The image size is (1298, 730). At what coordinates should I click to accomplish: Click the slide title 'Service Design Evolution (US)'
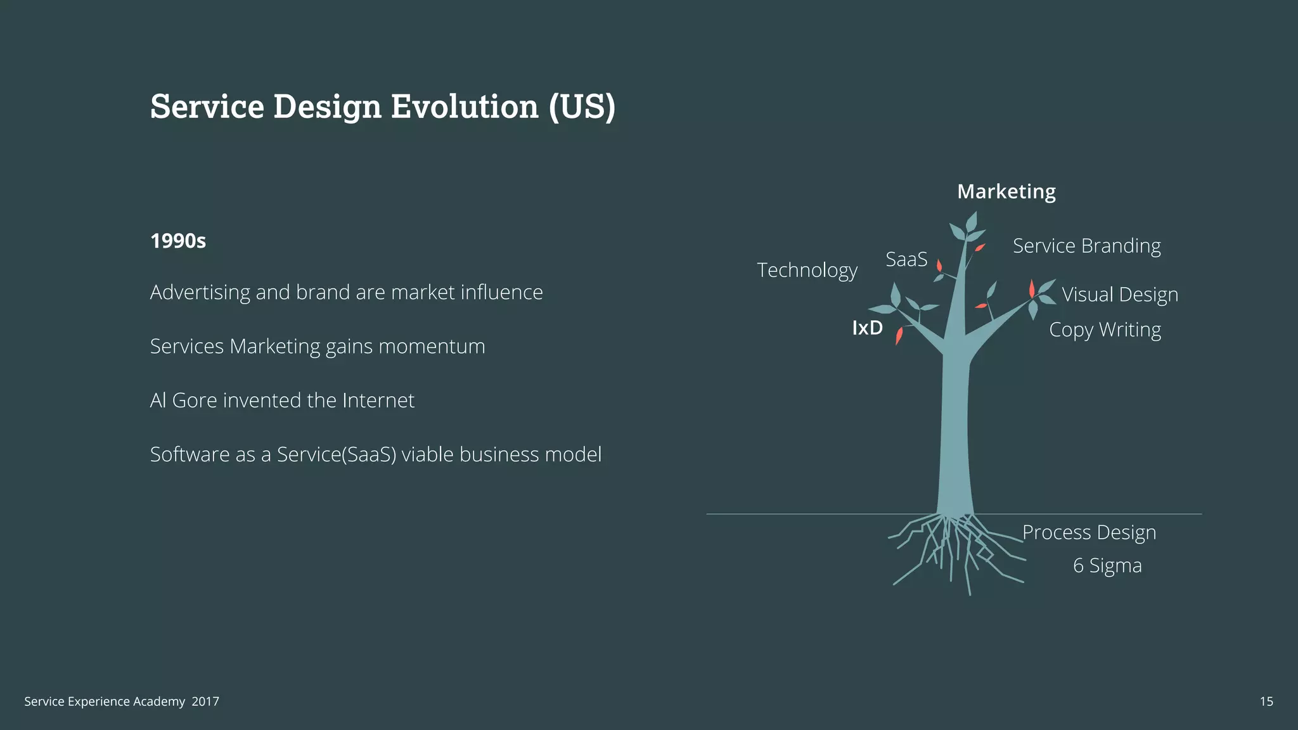click(x=383, y=106)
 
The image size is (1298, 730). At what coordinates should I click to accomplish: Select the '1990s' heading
click(x=178, y=241)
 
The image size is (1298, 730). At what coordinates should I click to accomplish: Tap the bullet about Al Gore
click(x=282, y=400)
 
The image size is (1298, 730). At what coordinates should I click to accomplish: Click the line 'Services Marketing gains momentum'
click(x=318, y=347)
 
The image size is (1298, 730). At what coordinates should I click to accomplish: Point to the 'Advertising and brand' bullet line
click(x=346, y=293)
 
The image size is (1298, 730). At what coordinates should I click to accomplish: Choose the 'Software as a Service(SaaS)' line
click(x=375, y=454)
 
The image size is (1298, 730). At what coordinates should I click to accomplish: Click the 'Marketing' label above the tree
click(x=1006, y=191)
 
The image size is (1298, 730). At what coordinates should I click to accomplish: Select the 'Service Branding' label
click(x=1086, y=246)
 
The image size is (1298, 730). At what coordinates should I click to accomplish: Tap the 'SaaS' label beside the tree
click(x=906, y=259)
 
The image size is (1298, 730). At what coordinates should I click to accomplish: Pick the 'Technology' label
click(x=807, y=271)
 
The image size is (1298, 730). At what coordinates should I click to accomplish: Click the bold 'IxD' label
click(x=867, y=328)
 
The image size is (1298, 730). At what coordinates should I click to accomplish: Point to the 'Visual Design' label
click(x=1120, y=295)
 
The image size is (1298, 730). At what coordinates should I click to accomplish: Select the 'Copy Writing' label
click(x=1105, y=330)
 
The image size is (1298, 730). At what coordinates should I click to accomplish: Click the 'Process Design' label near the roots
click(x=1089, y=533)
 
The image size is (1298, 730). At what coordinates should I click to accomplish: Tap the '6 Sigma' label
click(x=1107, y=565)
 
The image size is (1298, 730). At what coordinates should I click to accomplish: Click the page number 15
click(x=1266, y=701)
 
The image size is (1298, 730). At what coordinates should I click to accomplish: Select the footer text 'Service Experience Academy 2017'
click(x=122, y=701)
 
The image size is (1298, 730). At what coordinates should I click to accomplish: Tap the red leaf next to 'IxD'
click(x=899, y=335)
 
